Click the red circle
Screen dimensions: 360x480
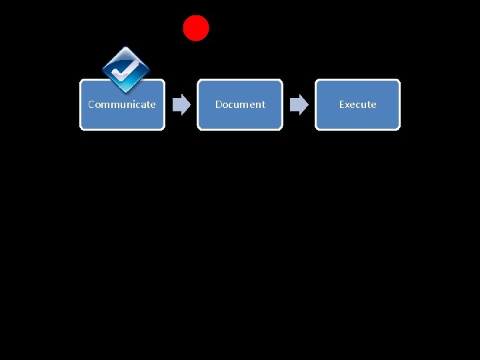tap(196, 28)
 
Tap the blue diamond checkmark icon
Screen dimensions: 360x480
tap(125, 70)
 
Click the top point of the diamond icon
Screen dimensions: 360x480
tap(125, 47)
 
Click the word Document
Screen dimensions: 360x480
tap(240, 105)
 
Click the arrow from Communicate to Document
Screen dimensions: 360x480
tap(181, 105)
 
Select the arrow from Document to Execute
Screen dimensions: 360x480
tap(299, 105)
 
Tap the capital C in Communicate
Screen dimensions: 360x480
tap(91, 105)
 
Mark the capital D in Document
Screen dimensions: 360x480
tap(219, 105)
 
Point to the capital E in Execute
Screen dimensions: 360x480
tap(342, 105)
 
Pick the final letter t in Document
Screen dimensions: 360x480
tap(263, 105)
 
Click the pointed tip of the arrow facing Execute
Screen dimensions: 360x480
tap(308, 105)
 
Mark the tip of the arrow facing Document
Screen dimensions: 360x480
tap(190, 105)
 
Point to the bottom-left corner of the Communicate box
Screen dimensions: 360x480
tap(81, 128)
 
